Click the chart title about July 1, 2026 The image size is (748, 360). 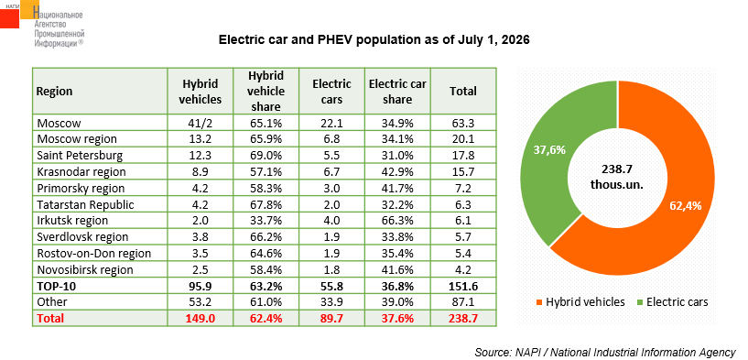tap(374, 40)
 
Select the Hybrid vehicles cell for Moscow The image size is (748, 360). tap(201, 123)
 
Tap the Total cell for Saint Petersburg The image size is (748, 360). tap(463, 156)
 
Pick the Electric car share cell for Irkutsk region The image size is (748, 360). tap(397, 221)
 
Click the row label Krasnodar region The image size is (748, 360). tap(81, 172)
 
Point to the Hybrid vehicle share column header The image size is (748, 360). tap(266, 91)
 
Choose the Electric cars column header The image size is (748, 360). tap(331, 92)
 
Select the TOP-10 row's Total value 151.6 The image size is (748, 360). tap(463, 286)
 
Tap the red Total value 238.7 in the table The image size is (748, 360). tap(463, 318)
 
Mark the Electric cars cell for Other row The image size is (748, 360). tap(331, 301)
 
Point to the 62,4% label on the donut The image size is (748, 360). tap(686, 206)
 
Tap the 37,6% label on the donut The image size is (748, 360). tap(549, 150)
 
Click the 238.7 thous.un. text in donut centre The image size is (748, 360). tap(617, 177)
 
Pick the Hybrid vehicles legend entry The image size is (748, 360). tap(580, 301)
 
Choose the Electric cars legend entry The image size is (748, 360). tap(673, 301)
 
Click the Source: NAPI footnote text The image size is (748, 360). tap(605, 352)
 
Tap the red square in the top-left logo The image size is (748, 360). tap(9, 18)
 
